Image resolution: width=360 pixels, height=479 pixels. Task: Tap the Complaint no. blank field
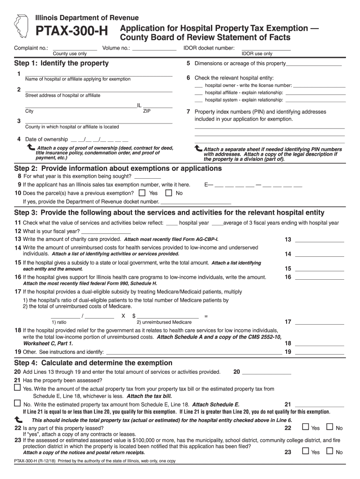tap(75, 48)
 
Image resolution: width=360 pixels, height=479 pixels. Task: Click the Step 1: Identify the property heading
tap(61, 63)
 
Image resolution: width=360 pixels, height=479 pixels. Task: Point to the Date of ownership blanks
tap(99, 139)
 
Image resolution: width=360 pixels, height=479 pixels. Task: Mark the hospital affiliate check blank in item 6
tap(199, 93)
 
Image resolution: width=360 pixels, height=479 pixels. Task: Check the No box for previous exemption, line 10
tap(169, 193)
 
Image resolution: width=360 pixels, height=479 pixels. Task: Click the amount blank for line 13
tap(319, 239)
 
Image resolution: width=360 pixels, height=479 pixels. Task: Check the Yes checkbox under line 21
tap(17, 388)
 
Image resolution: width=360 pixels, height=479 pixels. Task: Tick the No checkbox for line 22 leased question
tap(329, 427)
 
